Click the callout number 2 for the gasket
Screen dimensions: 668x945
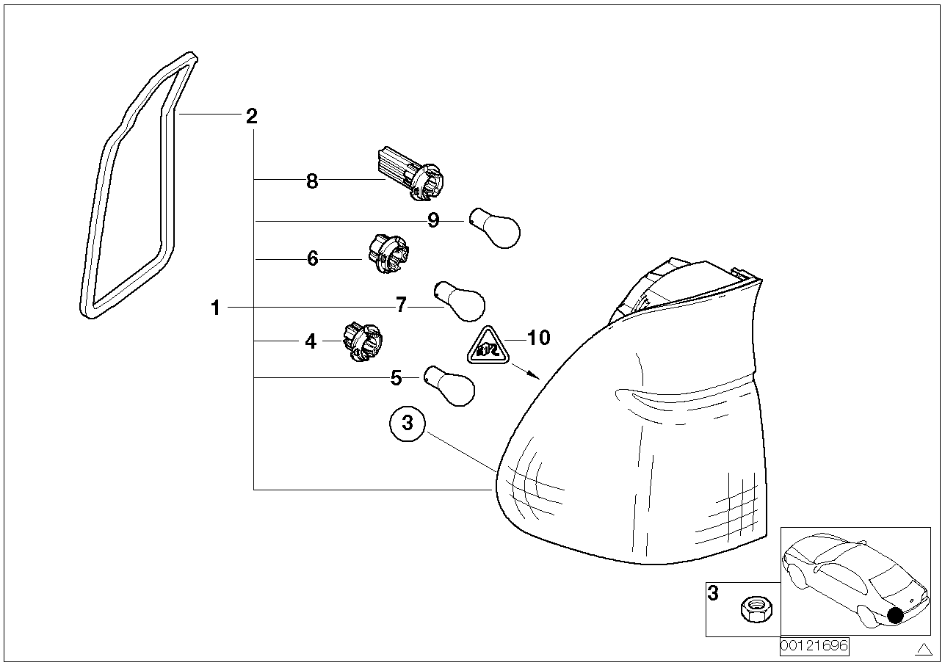(251, 115)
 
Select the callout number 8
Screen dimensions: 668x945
(312, 181)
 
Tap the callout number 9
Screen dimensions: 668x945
(433, 220)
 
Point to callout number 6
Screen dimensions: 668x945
(313, 258)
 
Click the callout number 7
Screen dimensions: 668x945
(401, 305)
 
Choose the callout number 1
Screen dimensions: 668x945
(215, 308)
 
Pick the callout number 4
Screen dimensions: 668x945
(311, 341)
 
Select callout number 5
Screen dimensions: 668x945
(396, 378)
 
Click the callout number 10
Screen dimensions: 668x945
(538, 338)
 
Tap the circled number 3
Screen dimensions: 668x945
(408, 424)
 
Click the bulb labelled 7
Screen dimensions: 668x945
(460, 301)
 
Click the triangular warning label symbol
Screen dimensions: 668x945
(489, 347)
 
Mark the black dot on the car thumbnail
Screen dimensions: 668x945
(895, 616)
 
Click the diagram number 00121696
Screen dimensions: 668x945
(814, 646)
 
